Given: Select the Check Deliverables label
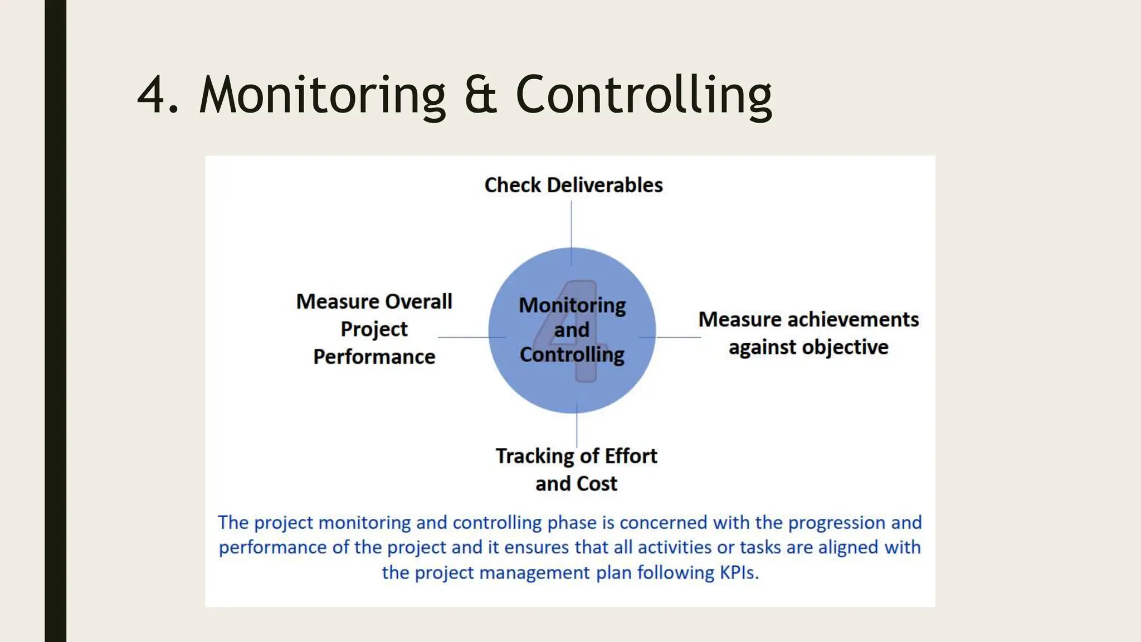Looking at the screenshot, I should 573,185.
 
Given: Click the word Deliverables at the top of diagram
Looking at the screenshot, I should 605,185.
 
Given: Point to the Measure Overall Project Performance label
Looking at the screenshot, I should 374,329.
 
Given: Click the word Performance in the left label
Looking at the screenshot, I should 374,357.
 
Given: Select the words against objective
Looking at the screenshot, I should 808,347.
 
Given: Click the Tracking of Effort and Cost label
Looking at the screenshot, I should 576,469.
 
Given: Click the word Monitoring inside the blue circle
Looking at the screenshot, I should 572,305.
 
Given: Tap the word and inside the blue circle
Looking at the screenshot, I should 572,330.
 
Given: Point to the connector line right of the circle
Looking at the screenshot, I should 677,337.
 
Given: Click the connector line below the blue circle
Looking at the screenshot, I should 577,429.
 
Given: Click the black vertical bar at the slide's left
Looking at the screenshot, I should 55,321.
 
